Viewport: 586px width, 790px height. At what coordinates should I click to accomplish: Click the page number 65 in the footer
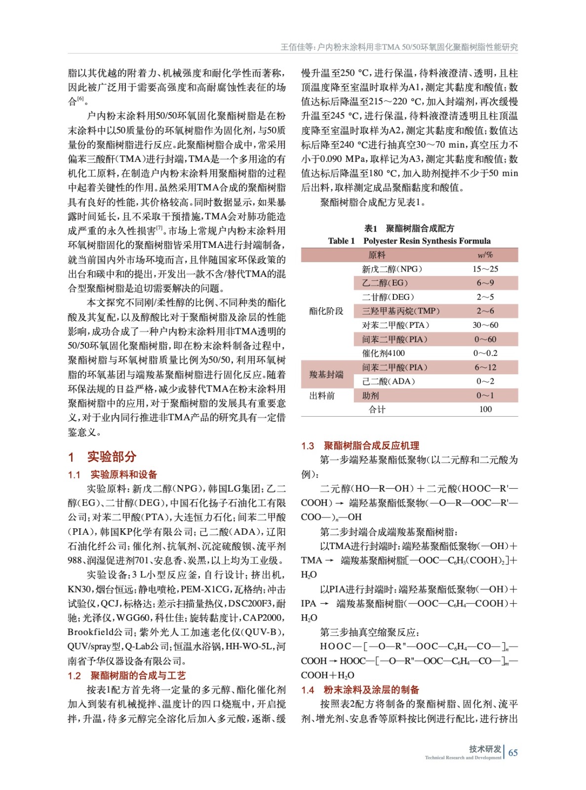[513, 752]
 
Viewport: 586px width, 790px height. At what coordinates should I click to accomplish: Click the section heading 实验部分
[111, 456]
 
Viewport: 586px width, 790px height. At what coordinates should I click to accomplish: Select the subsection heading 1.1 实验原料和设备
[113, 474]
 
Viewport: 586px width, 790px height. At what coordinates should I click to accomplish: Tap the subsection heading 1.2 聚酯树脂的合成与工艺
[127, 675]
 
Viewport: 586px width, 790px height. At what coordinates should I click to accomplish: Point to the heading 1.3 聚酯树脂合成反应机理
[360, 445]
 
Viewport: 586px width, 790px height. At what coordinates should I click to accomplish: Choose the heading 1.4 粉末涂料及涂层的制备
[360, 689]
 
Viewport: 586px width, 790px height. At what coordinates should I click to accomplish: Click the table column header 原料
[377, 255]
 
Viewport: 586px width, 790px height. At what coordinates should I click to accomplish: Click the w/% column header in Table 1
[485, 255]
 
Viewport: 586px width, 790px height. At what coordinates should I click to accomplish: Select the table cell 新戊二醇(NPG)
[392, 269]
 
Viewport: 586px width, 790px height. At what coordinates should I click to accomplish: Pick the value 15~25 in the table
[485, 269]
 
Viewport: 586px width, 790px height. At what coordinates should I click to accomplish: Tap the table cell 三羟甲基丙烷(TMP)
[400, 311]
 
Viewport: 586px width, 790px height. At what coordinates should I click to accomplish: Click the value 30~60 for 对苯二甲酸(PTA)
[485, 325]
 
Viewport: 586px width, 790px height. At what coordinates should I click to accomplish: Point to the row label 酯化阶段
[326, 311]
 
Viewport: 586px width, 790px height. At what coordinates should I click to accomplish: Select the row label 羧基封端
[326, 374]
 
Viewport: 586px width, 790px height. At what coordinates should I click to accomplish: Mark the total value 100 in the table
[485, 409]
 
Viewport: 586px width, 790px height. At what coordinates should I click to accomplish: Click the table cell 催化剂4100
[383, 353]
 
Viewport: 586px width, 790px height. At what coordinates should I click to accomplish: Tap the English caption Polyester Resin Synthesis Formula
[427, 241]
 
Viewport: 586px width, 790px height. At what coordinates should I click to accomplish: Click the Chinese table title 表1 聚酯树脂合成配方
[409, 228]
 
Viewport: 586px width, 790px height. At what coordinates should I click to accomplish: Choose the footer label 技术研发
[485, 749]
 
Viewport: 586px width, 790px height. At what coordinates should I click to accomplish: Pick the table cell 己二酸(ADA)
[389, 381]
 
